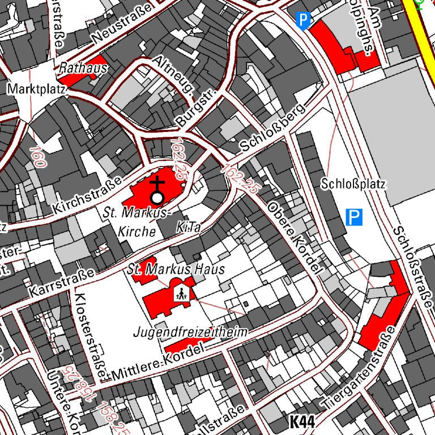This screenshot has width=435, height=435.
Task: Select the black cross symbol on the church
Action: point(157,184)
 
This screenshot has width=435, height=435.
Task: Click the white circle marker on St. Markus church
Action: point(157,198)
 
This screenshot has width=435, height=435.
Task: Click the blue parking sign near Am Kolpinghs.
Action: point(304,21)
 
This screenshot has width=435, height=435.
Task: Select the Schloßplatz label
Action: point(353,184)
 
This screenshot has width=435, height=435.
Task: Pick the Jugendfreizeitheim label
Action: point(190,332)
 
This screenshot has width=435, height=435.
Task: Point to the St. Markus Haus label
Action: point(176,269)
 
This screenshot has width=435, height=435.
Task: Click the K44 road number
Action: point(302,421)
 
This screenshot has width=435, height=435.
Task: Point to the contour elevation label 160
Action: point(36,156)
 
